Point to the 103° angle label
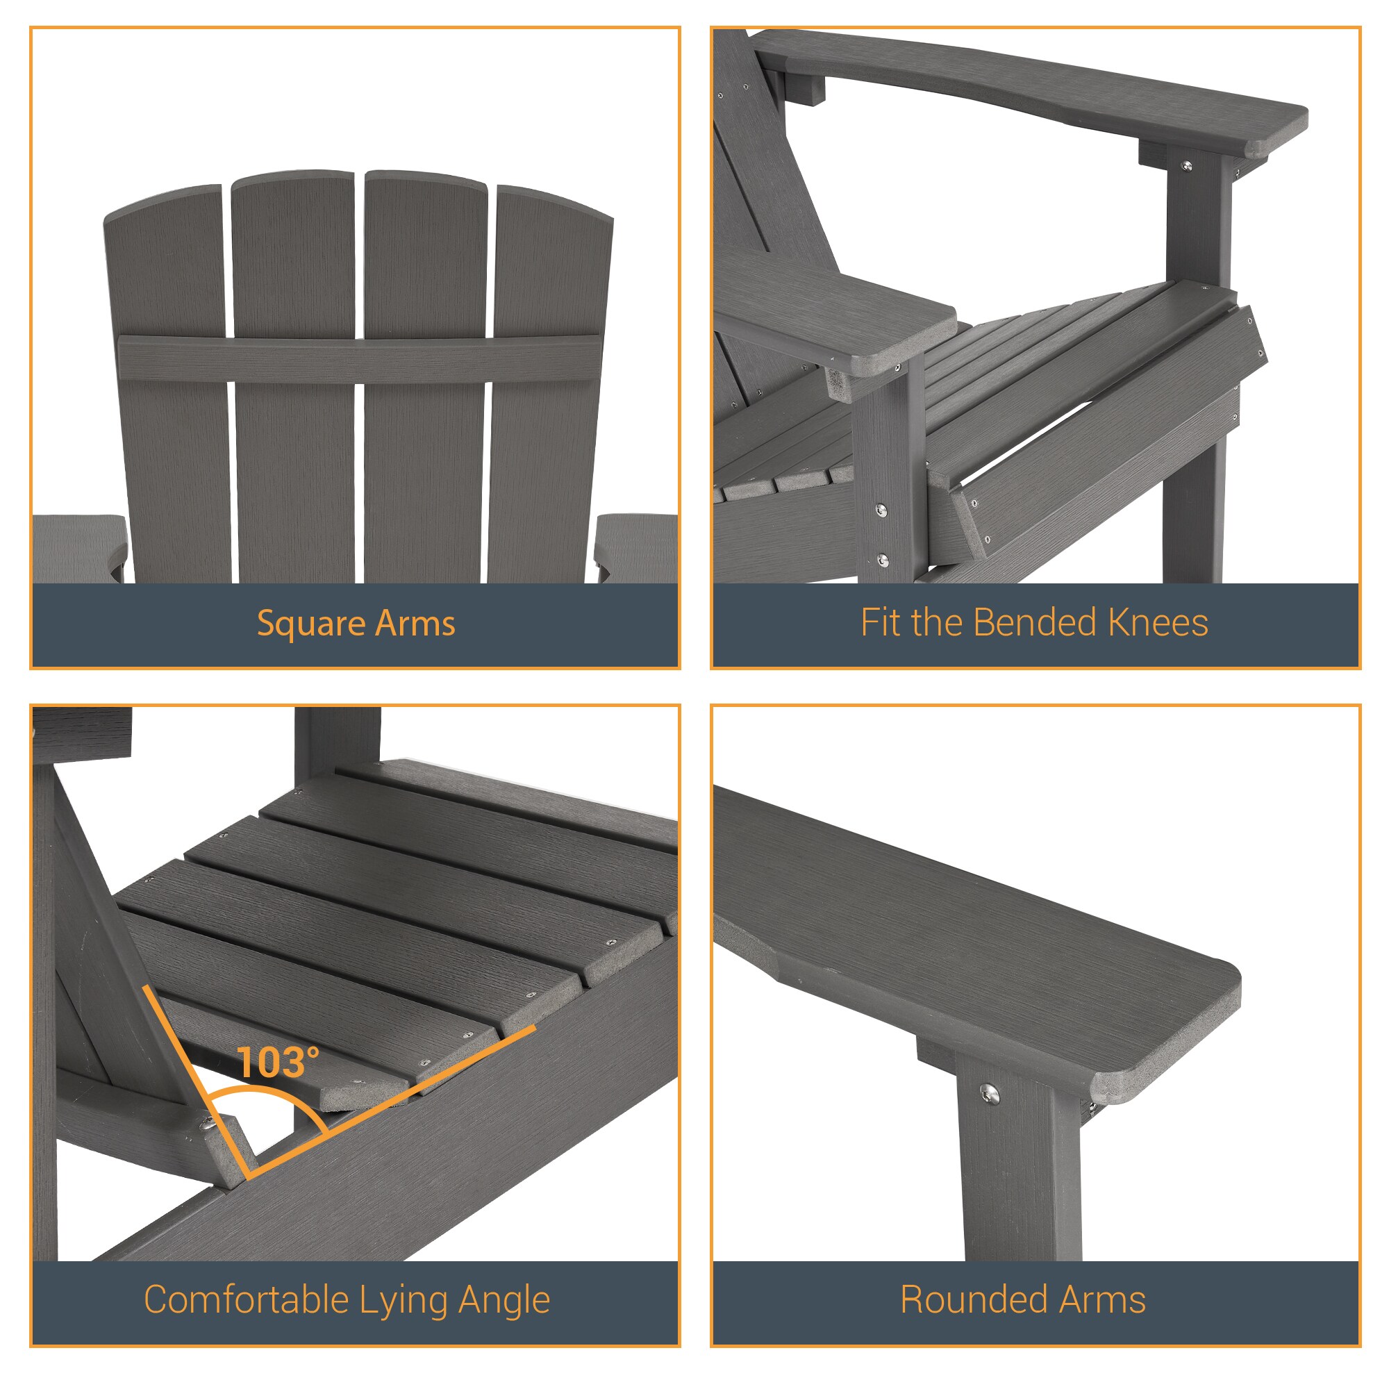click(x=278, y=1063)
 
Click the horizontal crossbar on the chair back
click(x=360, y=359)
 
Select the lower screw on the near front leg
click(x=883, y=560)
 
